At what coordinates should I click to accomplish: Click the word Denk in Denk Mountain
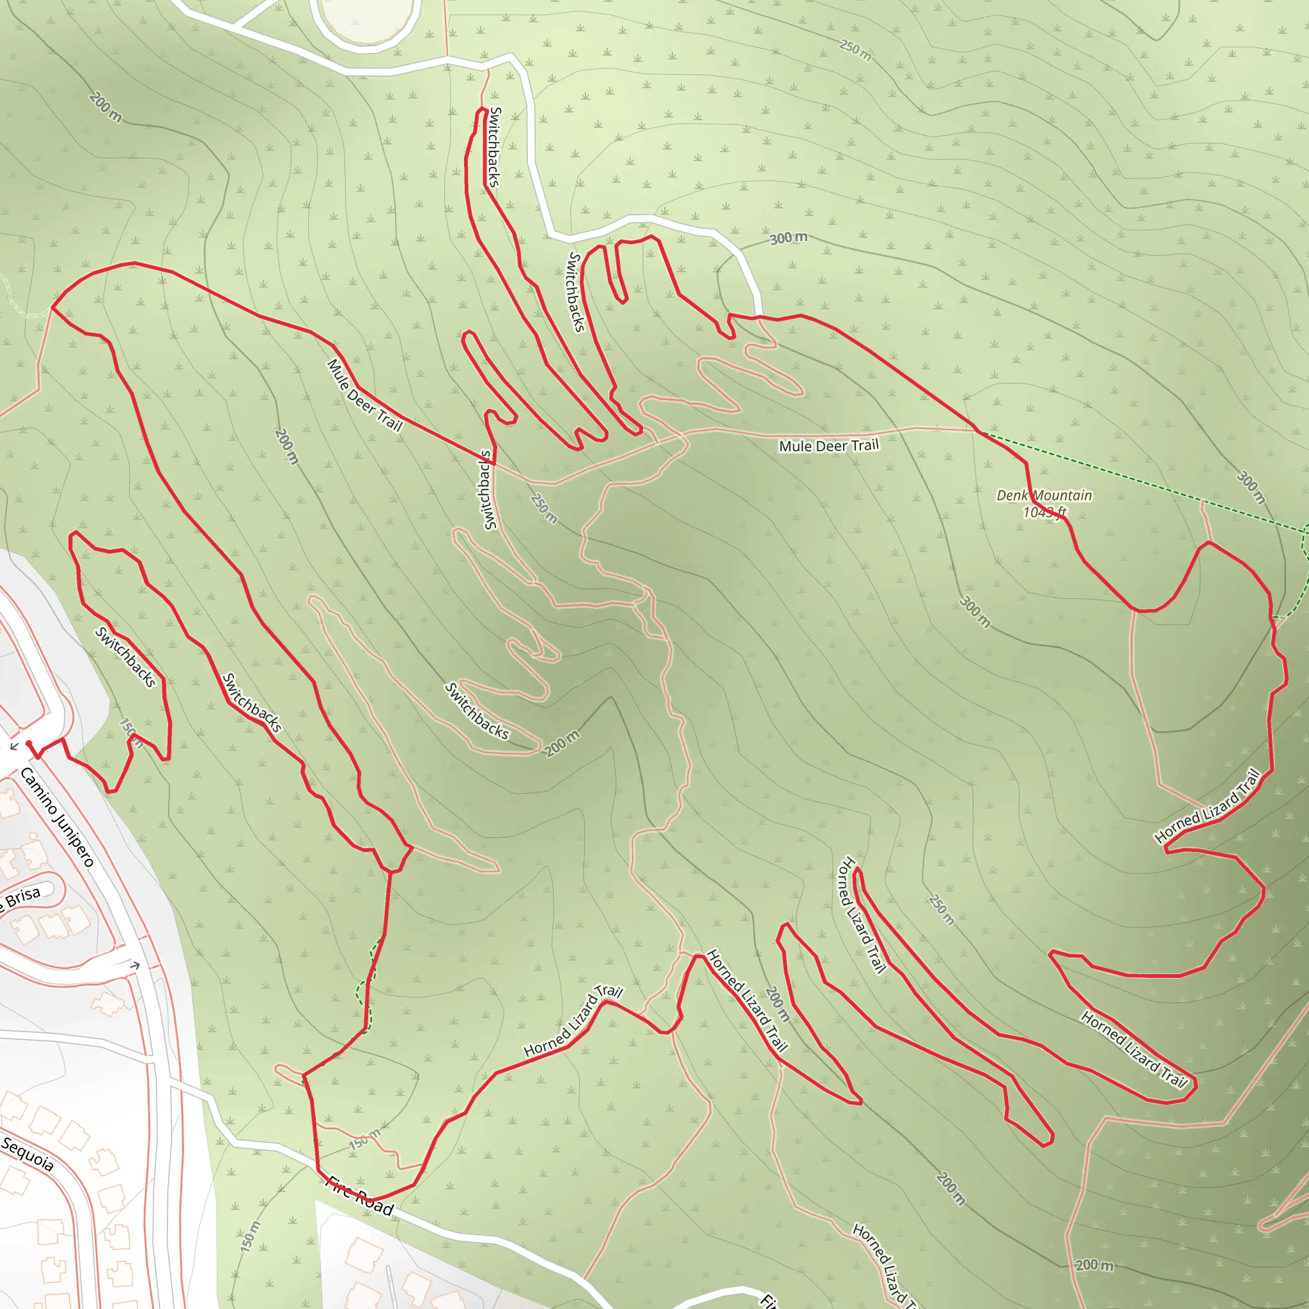click(1012, 495)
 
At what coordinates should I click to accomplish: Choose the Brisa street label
click(23, 898)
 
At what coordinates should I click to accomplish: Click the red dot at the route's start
click(29, 743)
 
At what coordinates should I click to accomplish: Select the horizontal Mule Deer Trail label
click(828, 445)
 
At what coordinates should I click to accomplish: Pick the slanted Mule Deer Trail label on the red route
click(364, 396)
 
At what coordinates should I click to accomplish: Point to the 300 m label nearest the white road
click(788, 238)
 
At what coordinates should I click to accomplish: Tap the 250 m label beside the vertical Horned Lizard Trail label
click(941, 910)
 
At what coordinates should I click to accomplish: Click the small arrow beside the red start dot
click(14, 746)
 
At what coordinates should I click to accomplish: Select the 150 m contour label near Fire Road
click(364, 1139)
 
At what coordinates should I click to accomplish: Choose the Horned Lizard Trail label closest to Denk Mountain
click(1207, 805)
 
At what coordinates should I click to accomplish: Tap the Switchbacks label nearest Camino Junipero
click(125, 656)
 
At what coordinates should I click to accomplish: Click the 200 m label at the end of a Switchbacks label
click(562, 743)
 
